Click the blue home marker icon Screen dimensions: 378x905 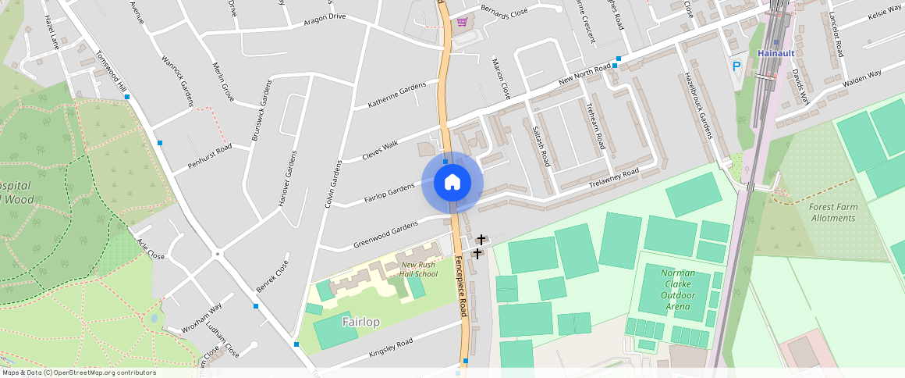click(452, 183)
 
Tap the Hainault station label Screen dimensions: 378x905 click(776, 53)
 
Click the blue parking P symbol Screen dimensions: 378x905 click(736, 67)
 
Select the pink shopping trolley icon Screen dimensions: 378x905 click(463, 23)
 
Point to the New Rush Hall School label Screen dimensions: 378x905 click(419, 269)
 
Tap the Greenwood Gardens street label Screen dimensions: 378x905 click(385, 233)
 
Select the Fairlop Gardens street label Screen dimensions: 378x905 click(389, 193)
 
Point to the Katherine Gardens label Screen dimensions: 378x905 click(398, 94)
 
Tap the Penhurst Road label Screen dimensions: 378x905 click(210, 157)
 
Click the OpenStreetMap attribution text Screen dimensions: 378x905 click(78, 373)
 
